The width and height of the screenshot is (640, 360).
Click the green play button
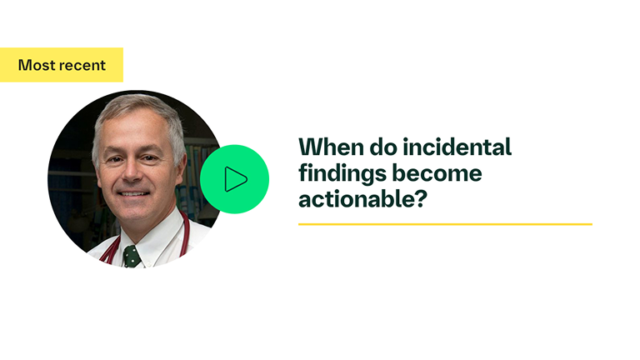click(x=234, y=179)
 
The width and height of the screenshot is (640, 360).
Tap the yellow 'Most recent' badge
click(x=62, y=65)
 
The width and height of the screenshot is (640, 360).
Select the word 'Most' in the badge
click(x=36, y=65)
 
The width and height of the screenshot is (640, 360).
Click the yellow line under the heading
click(x=445, y=224)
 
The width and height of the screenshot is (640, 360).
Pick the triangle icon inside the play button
click(x=236, y=179)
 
